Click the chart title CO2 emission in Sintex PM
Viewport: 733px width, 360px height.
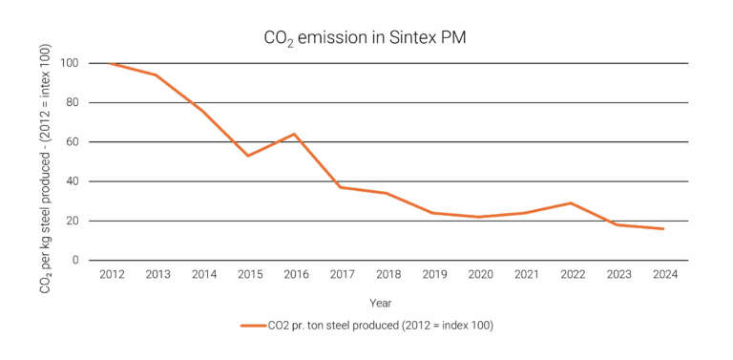pos(366,38)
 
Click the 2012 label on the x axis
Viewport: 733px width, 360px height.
pos(113,275)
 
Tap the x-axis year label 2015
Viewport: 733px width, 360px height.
pos(248,275)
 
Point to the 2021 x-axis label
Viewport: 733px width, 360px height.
pos(525,275)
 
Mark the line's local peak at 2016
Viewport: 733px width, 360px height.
pos(294,134)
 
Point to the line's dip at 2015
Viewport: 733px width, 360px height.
pos(248,156)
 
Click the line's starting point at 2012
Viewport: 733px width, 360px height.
pos(113,63)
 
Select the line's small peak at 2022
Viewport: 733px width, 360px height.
pos(571,202)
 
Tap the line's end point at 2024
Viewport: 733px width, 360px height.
pos(663,229)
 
